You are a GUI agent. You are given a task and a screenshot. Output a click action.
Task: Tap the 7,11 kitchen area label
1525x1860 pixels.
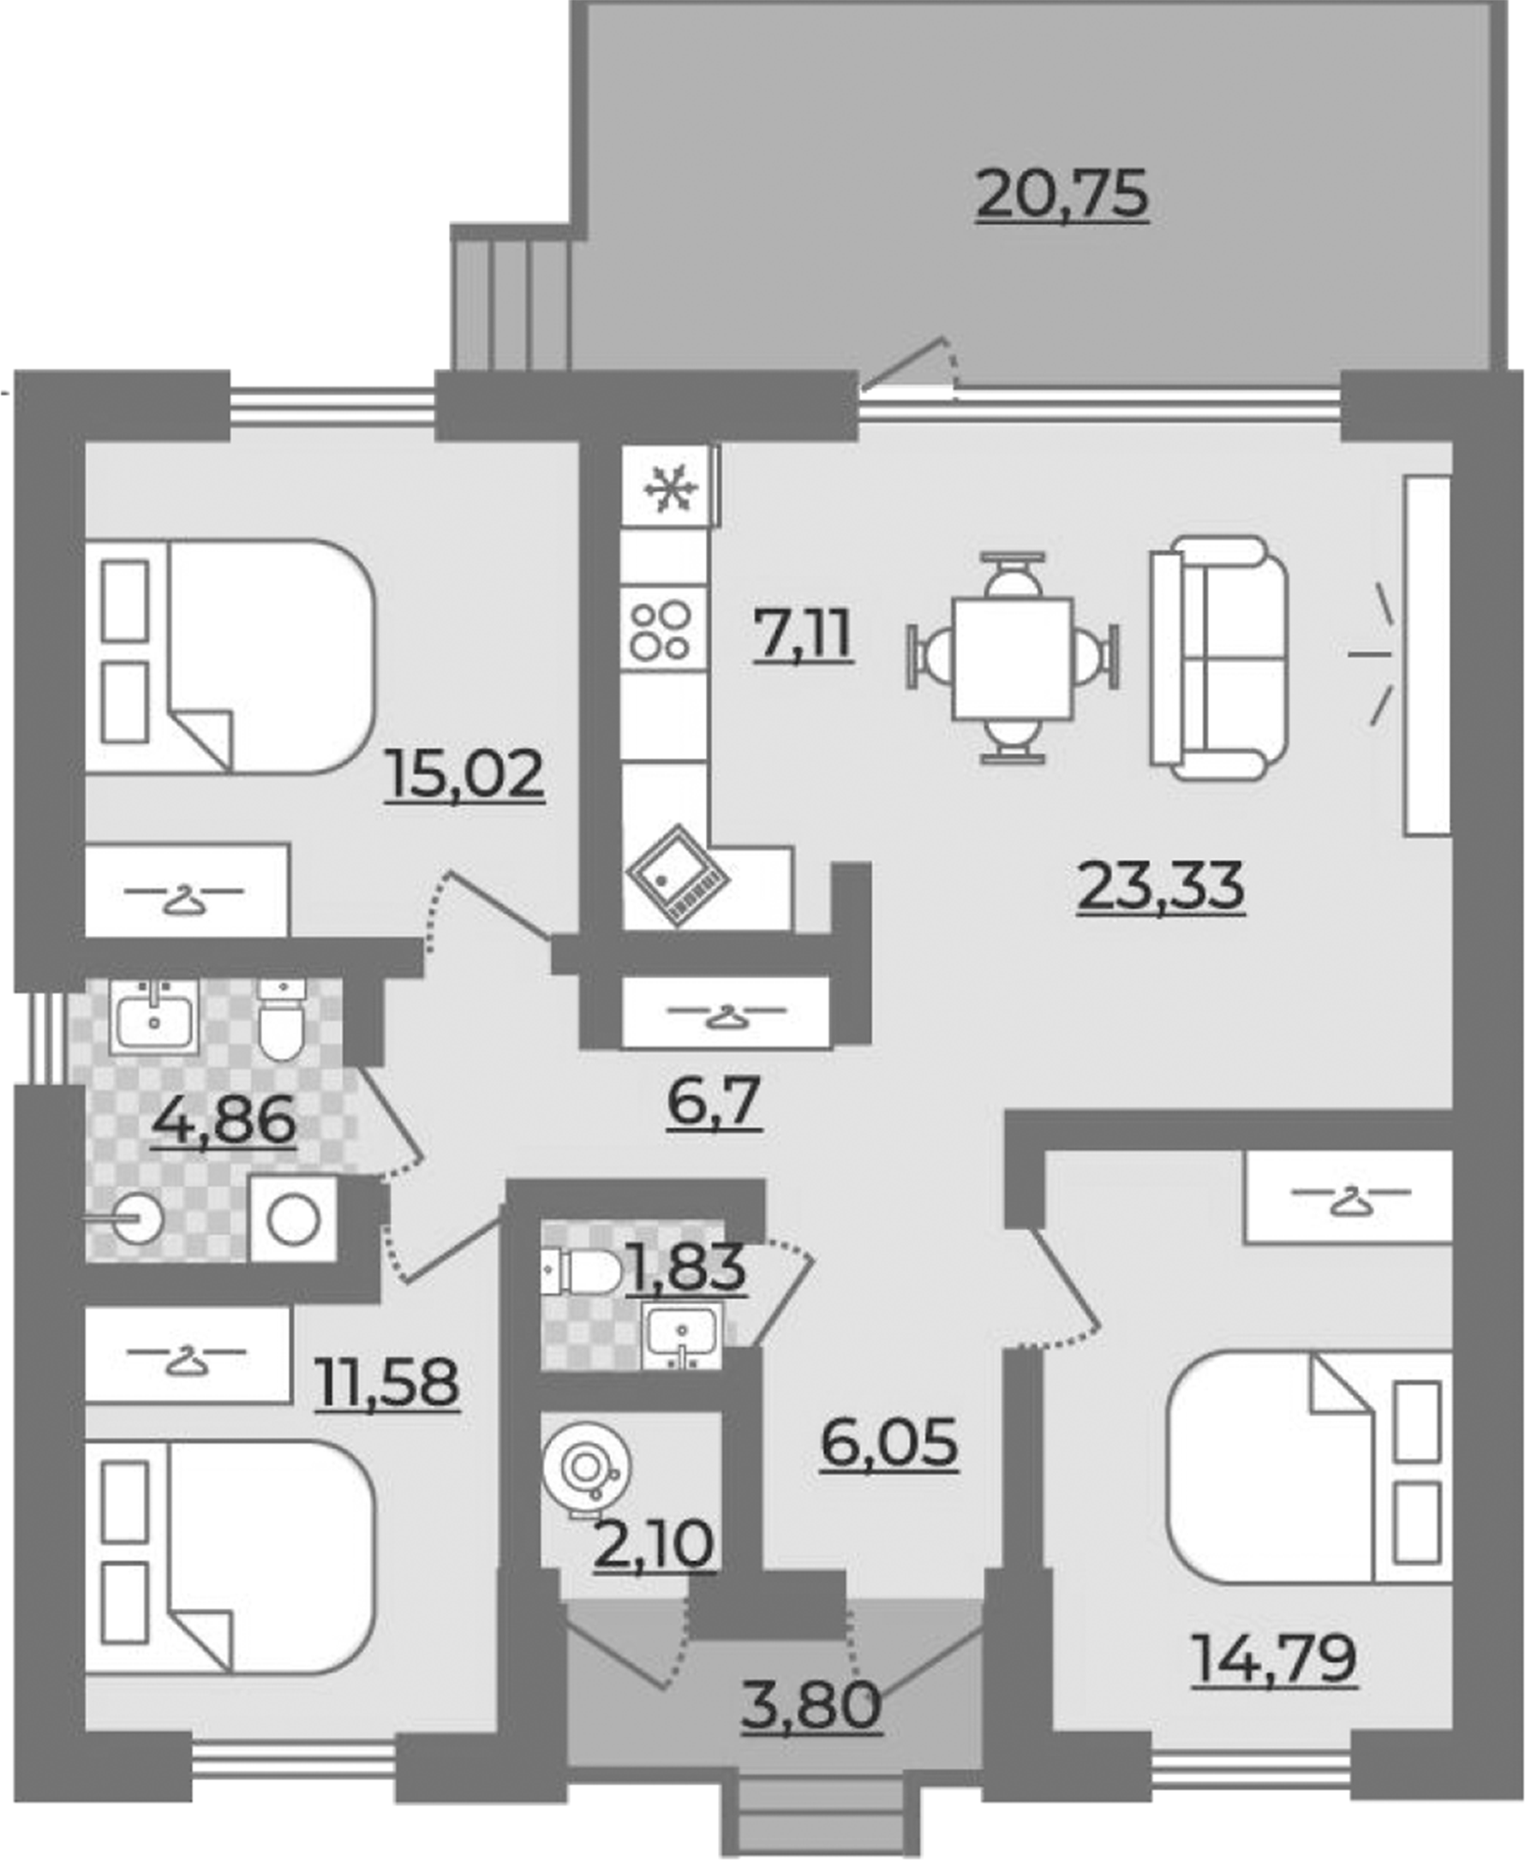(x=803, y=635)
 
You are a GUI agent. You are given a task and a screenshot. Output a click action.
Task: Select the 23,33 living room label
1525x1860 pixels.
(x=1160, y=886)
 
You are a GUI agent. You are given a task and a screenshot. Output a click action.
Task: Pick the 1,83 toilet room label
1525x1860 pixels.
(x=687, y=1267)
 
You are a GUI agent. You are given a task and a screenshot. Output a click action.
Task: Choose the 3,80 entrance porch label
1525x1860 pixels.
(x=810, y=1706)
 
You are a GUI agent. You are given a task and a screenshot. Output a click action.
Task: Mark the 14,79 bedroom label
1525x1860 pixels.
(x=1274, y=1658)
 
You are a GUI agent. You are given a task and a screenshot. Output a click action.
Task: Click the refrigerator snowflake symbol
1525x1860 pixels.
(x=670, y=488)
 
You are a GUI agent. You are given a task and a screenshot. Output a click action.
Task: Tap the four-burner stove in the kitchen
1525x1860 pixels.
(x=663, y=629)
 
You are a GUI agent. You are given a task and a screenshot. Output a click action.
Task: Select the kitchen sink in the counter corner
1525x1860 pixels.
(x=678, y=875)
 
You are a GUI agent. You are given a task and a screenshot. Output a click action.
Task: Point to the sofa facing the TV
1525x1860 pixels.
(x=1219, y=658)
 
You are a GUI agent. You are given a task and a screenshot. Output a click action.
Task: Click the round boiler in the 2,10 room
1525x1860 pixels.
(x=585, y=1467)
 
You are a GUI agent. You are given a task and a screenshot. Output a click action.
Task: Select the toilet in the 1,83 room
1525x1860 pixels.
(x=581, y=1272)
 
